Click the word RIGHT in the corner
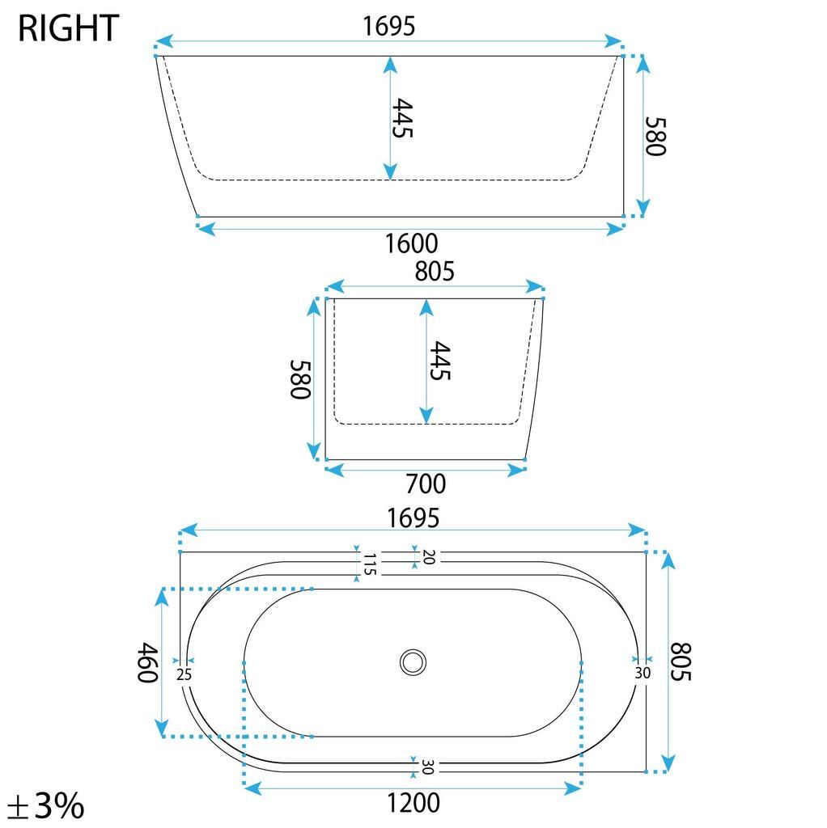click(68, 28)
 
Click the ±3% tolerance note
click(46, 805)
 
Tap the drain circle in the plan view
click(413, 662)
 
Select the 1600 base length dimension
click(411, 243)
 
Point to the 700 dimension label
click(426, 484)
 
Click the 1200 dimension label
click(413, 803)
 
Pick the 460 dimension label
click(148, 663)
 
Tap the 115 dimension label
click(369, 564)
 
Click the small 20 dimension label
click(429, 557)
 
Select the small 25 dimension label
click(184, 674)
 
